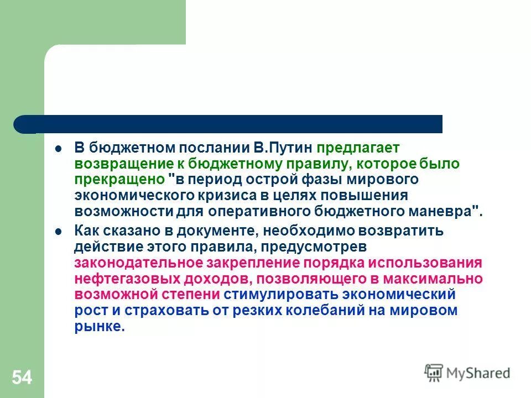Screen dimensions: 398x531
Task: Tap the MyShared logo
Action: (467, 373)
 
